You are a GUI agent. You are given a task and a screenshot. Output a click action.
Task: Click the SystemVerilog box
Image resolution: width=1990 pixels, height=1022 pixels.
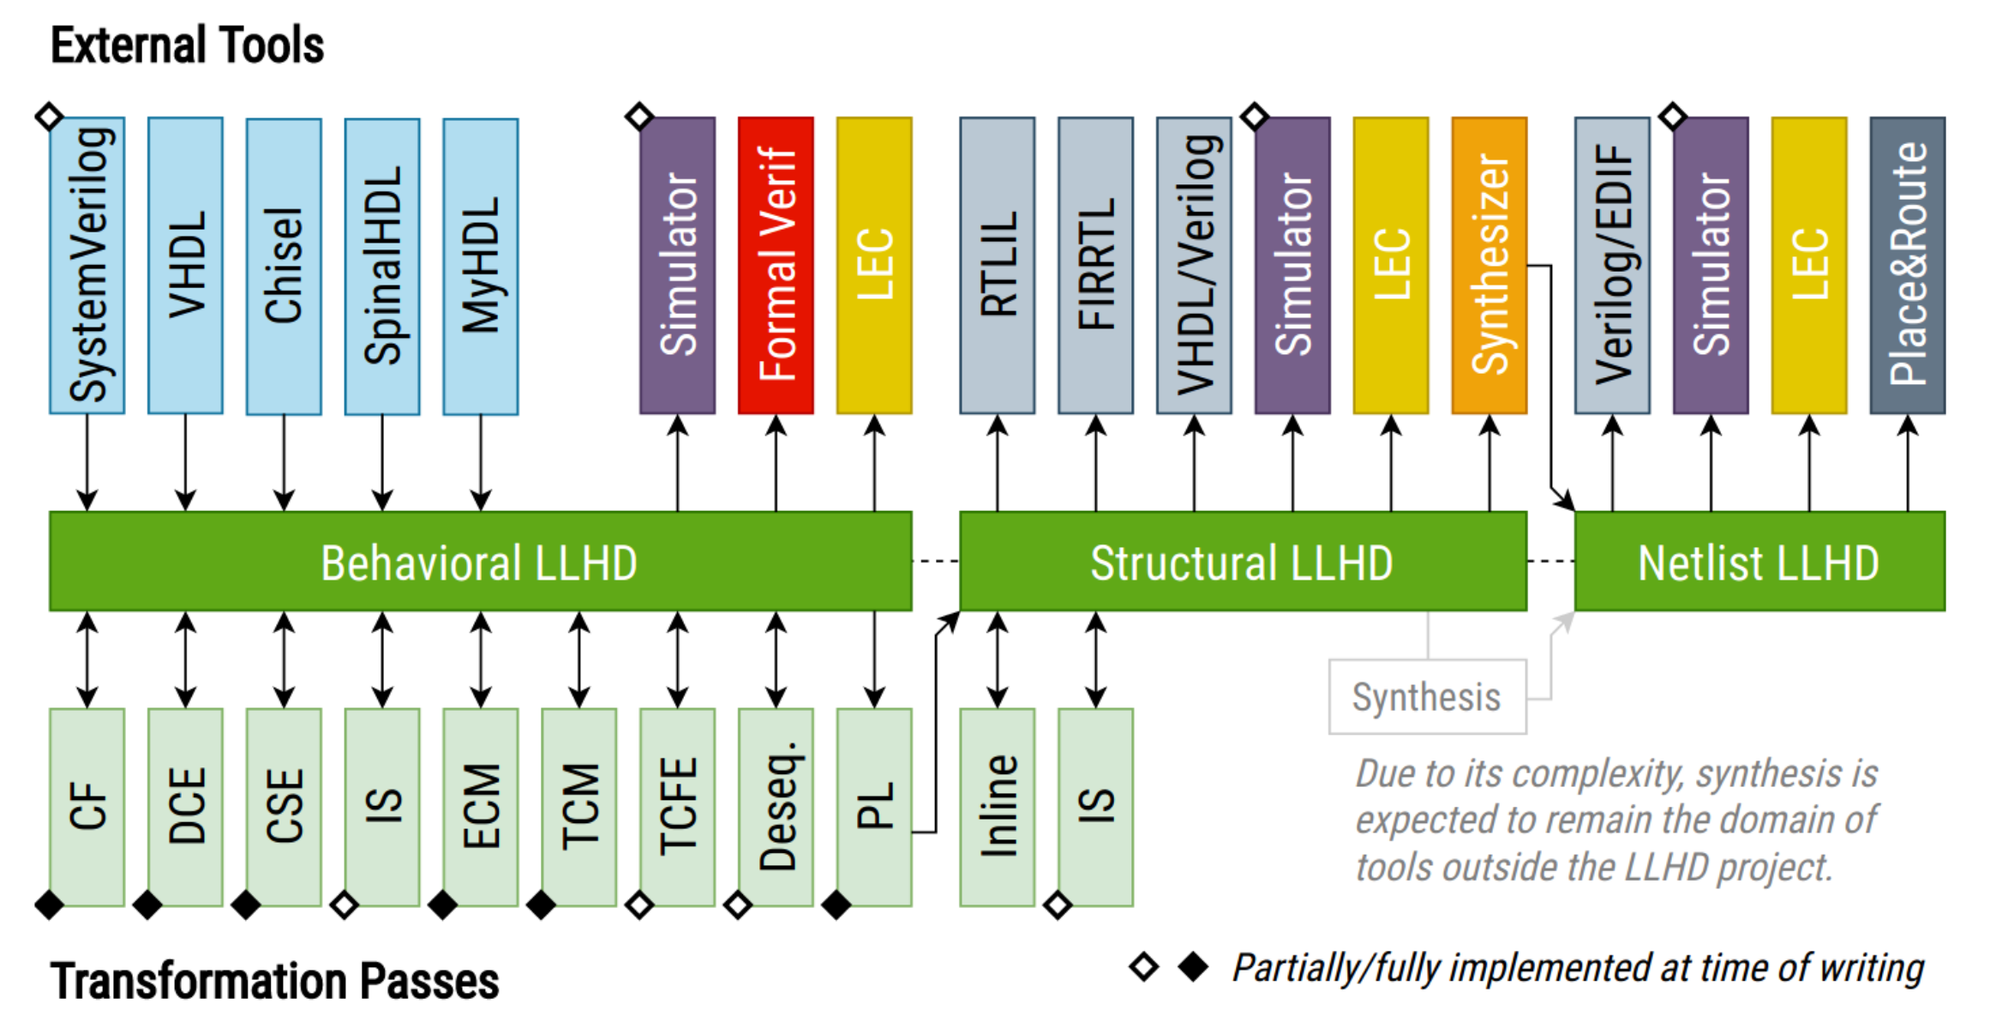coord(87,266)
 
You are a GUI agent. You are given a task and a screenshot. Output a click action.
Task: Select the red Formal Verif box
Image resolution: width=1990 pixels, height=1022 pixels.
coord(776,266)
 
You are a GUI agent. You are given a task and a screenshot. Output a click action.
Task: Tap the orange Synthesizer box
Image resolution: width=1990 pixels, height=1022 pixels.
coord(1489,266)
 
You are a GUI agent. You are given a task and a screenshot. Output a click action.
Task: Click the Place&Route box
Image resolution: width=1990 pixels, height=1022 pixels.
coord(1907,266)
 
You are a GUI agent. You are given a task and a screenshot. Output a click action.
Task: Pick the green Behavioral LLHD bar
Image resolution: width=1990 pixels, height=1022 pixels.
coord(480,562)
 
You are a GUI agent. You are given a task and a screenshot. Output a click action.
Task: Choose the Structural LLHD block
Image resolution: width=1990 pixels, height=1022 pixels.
coord(1243,562)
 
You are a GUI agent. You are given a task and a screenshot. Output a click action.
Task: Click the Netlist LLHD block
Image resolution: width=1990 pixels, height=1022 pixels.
coord(1759,562)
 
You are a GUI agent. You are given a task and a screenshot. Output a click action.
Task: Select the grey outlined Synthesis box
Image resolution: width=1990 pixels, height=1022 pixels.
coord(1427,696)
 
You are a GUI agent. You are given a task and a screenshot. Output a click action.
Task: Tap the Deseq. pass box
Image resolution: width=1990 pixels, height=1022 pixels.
coord(776,806)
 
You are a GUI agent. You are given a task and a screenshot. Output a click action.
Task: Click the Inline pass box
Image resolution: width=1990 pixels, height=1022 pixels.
coord(997,806)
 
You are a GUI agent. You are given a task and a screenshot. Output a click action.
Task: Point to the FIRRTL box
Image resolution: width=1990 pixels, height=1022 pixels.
coord(1095,266)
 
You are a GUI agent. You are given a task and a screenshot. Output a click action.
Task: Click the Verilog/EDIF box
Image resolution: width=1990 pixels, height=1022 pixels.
coord(1612,266)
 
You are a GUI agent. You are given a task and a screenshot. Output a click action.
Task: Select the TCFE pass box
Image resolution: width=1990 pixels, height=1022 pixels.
coord(677,806)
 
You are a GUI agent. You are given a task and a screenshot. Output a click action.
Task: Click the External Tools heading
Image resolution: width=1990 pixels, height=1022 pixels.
coord(187,45)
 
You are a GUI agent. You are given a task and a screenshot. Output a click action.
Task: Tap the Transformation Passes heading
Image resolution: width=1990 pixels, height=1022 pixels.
coord(274,981)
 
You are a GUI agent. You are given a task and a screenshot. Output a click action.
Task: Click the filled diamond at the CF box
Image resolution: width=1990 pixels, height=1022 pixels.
coord(49,905)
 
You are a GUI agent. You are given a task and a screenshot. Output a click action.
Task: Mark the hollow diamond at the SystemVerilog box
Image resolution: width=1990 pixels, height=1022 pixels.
coord(49,116)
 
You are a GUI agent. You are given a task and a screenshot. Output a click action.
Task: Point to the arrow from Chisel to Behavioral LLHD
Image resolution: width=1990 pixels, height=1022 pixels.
coord(284,463)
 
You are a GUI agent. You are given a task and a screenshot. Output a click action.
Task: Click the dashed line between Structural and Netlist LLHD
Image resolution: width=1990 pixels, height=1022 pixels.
coord(1550,562)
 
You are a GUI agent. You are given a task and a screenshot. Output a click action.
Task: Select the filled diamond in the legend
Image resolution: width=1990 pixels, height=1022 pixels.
coord(1193,967)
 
